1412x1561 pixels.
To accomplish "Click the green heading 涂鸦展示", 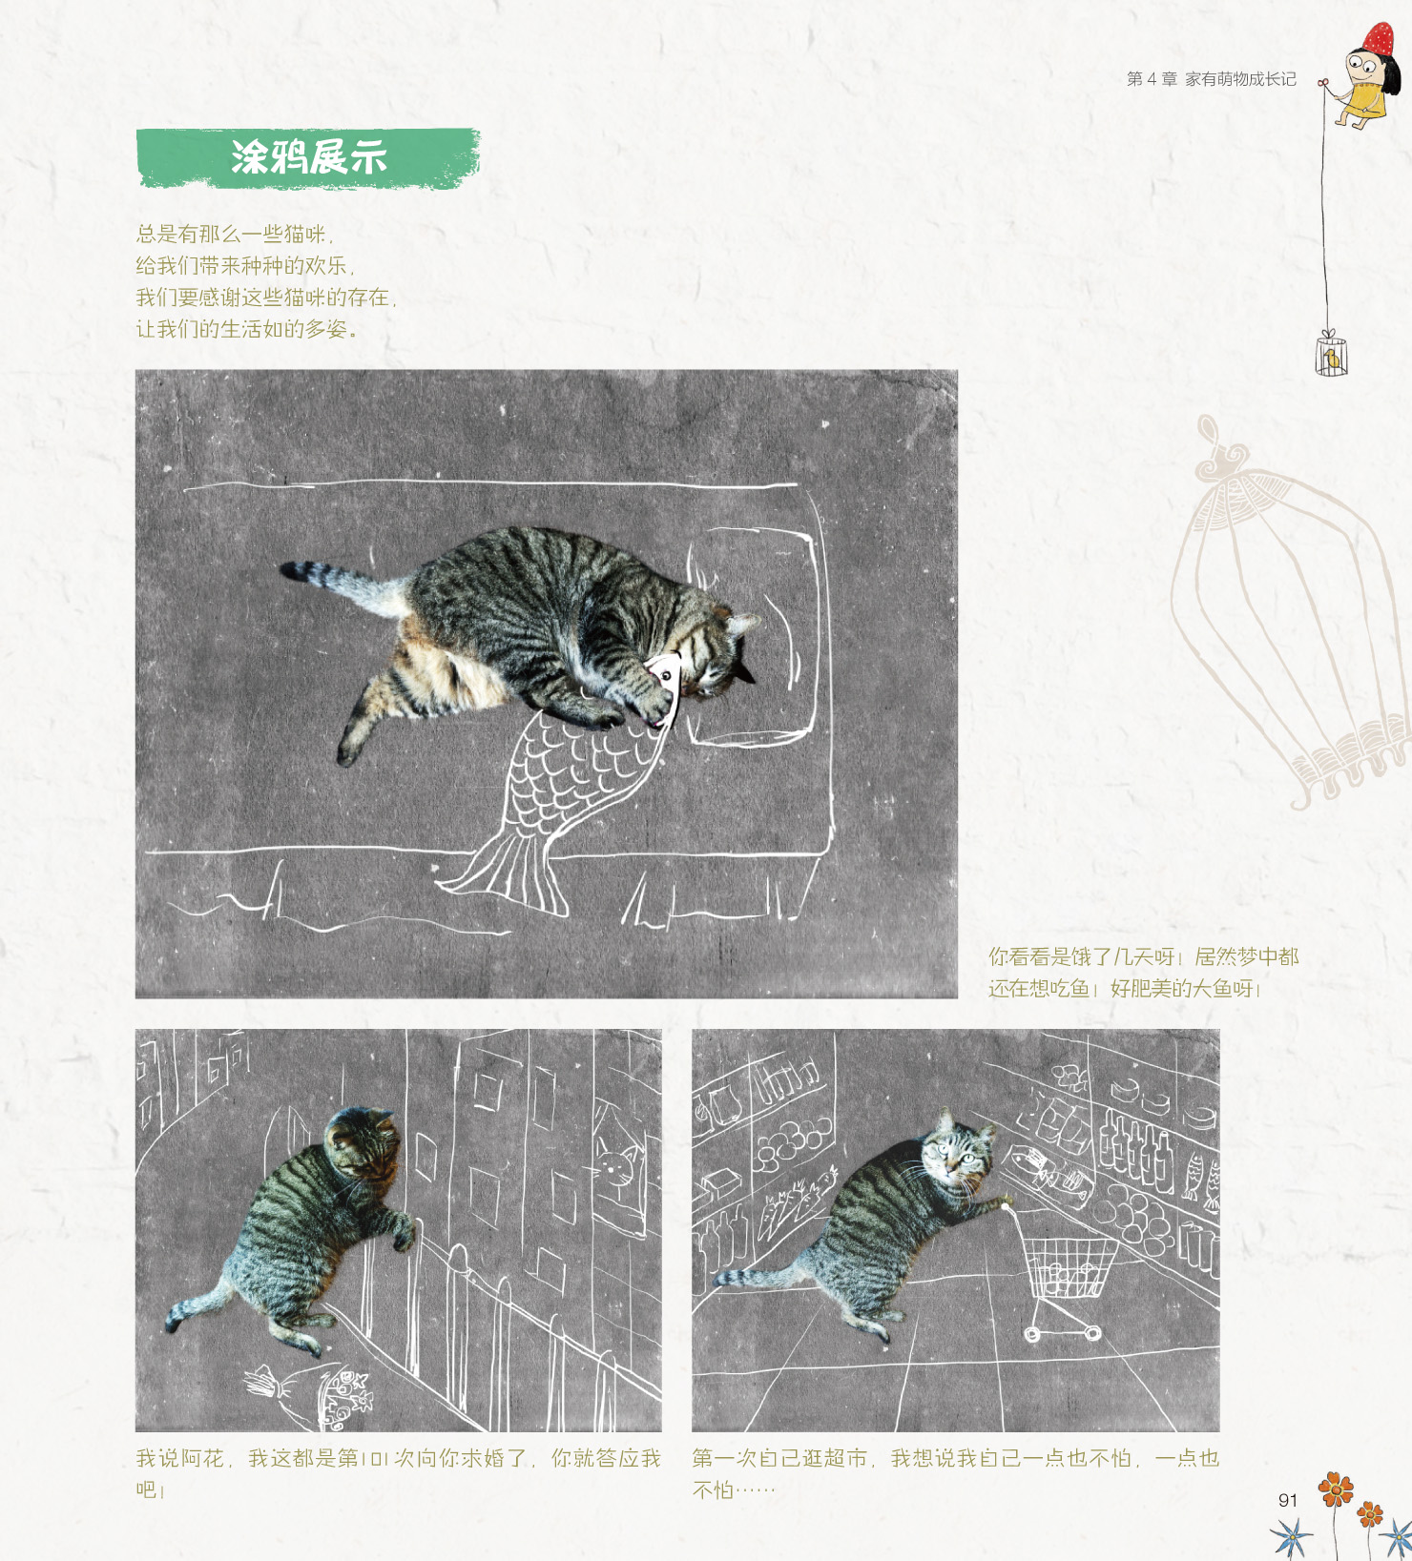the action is (308, 157).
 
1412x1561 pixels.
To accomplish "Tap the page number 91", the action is (1288, 1500).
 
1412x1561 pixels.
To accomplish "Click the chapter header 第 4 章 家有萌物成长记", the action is (1212, 79).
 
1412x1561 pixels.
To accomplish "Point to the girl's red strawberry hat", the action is (1379, 39).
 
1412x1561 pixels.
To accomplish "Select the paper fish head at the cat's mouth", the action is (666, 687).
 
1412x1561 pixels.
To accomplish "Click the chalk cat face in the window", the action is (617, 1168).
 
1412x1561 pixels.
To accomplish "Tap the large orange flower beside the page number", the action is (1336, 1489).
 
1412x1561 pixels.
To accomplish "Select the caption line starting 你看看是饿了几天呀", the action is (1143, 956).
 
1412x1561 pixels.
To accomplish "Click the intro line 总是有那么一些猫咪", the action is (234, 234).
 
